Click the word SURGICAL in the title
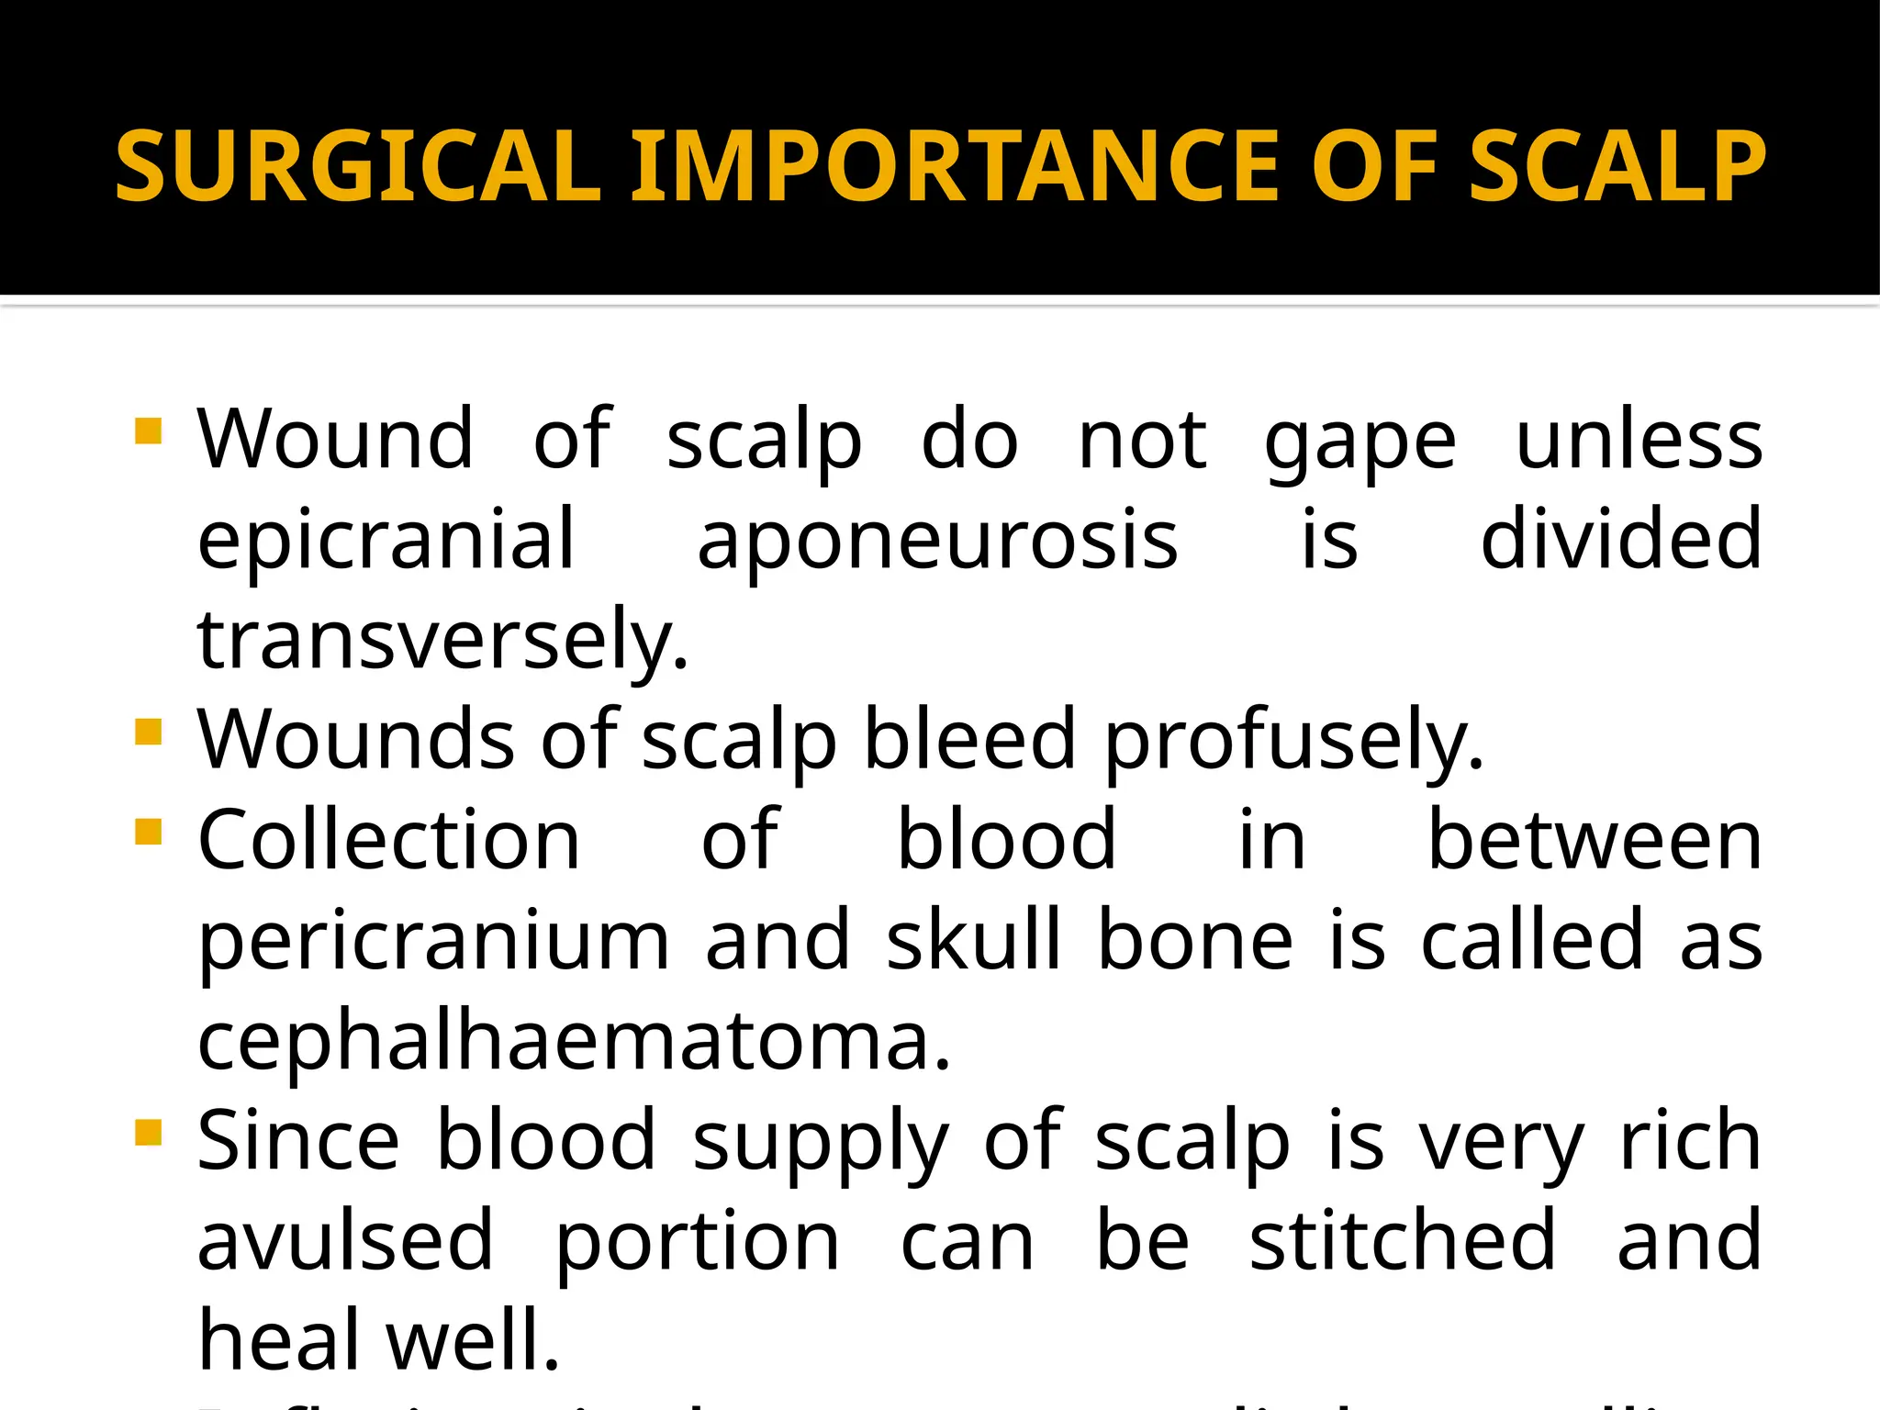(358, 166)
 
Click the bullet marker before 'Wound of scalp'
(148, 431)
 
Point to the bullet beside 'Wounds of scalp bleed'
(148, 732)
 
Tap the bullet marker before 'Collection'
(148, 832)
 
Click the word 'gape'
(1360, 442)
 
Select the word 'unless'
(1639, 440)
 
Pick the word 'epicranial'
(386, 541)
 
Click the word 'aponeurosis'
(937, 541)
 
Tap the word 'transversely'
(442, 640)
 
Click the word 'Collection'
(389, 840)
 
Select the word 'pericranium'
(434, 941)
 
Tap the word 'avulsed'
(346, 1240)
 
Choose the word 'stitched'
(1403, 1240)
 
